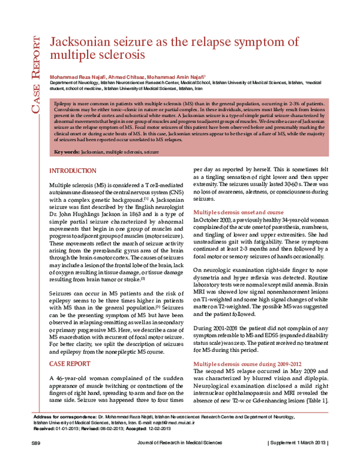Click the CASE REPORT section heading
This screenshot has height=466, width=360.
point(70,364)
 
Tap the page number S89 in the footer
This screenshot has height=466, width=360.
point(35,459)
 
